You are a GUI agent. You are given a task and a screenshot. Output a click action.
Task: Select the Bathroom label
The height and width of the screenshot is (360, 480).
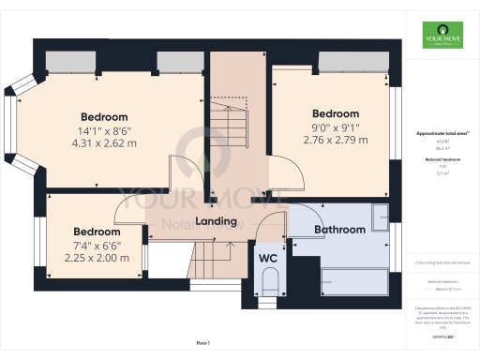(340, 229)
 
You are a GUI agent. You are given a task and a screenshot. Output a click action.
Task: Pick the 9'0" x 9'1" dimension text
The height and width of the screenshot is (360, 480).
(336, 127)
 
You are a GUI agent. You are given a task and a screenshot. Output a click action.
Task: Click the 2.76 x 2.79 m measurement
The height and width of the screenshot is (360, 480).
(336, 141)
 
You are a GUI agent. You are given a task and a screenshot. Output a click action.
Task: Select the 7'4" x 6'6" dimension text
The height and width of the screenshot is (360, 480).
(97, 246)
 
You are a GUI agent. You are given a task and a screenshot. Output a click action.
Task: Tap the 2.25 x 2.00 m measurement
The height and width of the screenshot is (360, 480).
(97, 259)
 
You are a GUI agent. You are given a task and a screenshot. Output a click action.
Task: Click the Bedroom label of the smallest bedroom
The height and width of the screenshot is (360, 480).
(97, 232)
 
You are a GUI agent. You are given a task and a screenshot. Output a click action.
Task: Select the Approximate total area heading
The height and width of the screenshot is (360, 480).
(437, 134)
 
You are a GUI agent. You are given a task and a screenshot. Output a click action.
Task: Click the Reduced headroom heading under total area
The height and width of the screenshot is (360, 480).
(437, 160)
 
